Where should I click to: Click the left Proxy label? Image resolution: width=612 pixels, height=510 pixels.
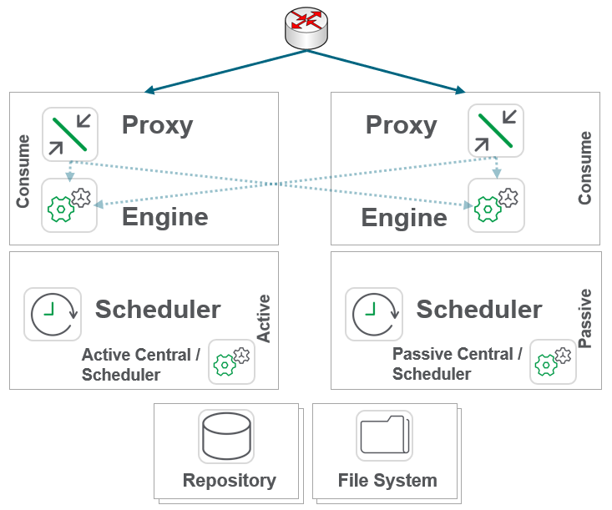pyautogui.click(x=157, y=125)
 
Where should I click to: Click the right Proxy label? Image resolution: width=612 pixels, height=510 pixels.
pyautogui.click(x=401, y=125)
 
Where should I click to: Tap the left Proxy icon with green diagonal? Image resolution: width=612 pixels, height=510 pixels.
pyautogui.click(x=70, y=134)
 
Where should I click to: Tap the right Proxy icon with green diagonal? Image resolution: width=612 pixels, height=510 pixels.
pyautogui.click(x=496, y=132)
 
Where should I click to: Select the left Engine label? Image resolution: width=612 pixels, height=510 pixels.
pyautogui.click(x=164, y=217)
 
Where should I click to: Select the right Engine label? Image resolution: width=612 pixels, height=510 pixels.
pyautogui.click(x=404, y=218)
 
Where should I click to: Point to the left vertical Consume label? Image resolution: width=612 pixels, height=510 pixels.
pyautogui.click(x=23, y=170)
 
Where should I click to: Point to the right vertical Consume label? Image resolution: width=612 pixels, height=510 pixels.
pyautogui.click(x=584, y=168)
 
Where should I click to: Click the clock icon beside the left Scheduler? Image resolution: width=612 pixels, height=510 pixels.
pyautogui.click(x=53, y=315)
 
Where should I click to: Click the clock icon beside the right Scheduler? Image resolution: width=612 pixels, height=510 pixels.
pyautogui.click(x=374, y=315)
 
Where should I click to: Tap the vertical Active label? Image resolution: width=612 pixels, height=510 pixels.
pyautogui.click(x=264, y=318)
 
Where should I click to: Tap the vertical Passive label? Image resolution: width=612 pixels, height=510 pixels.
pyautogui.click(x=584, y=318)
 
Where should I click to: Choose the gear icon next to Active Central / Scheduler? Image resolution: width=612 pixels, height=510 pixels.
pyautogui.click(x=231, y=361)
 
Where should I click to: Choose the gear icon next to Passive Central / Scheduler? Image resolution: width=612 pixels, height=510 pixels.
pyautogui.click(x=553, y=361)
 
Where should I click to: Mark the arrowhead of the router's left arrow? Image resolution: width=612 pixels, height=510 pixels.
pyautogui.click(x=148, y=90)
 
